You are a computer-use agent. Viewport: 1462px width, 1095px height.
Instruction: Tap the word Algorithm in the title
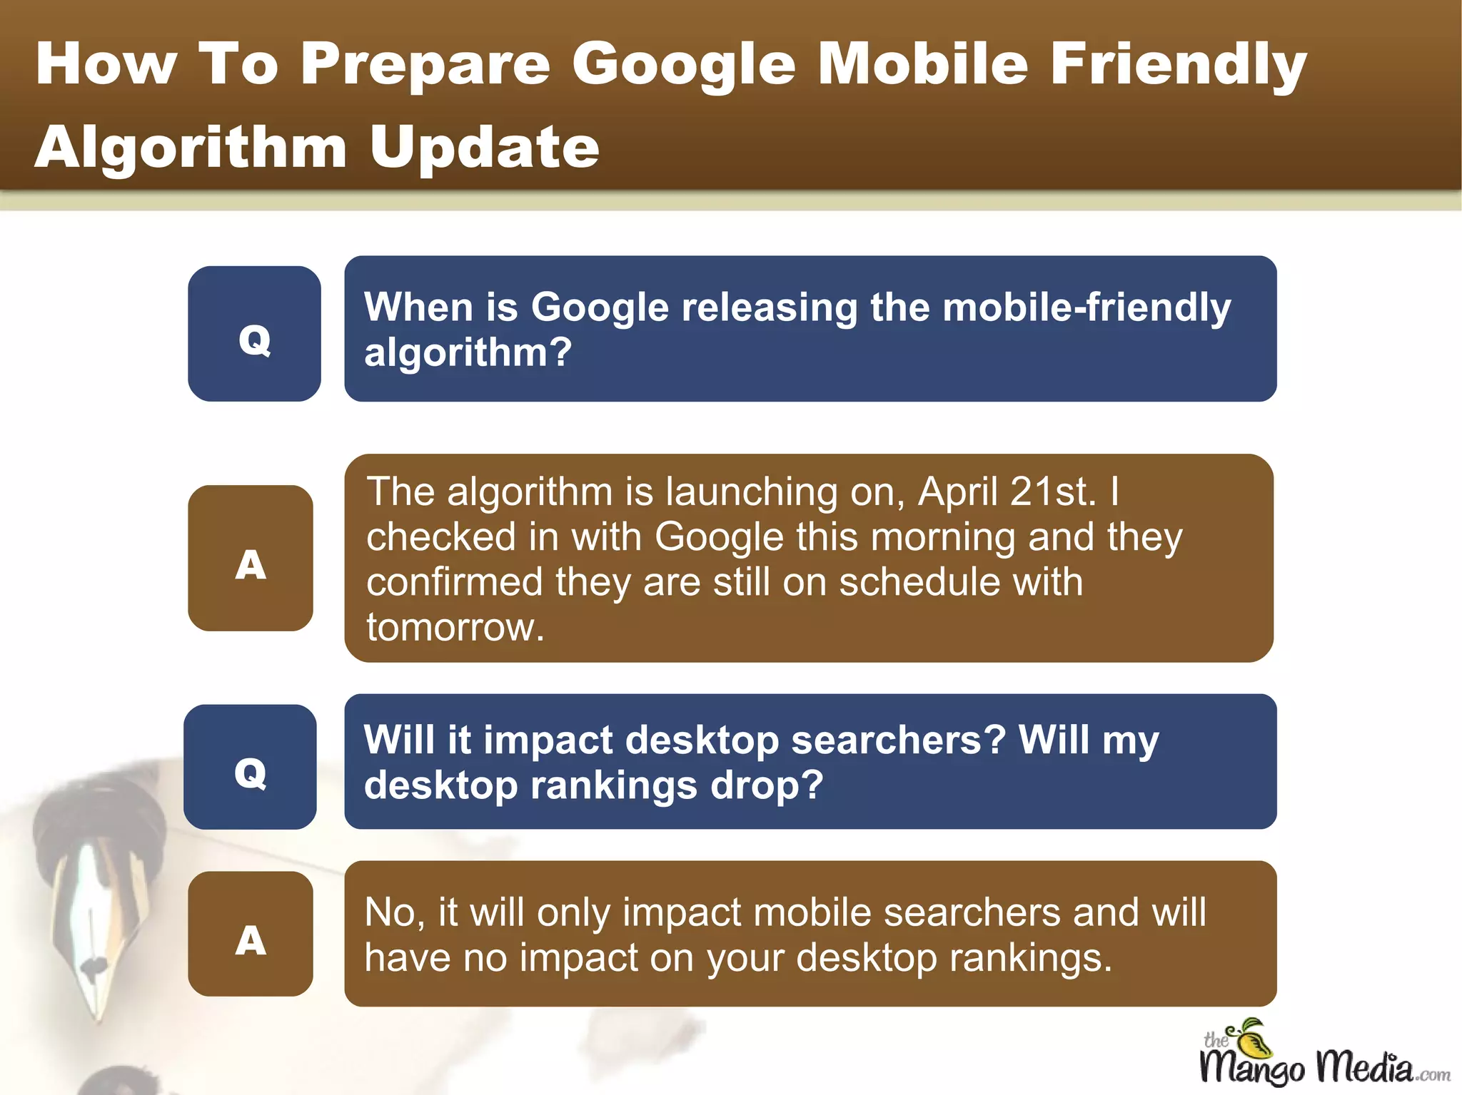point(191,148)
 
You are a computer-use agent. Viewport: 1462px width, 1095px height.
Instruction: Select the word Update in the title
point(485,148)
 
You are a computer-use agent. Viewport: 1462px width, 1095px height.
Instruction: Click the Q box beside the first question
point(254,334)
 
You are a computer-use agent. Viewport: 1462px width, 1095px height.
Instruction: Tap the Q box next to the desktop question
point(250,767)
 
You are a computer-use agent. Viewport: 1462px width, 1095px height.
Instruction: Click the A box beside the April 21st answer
point(250,559)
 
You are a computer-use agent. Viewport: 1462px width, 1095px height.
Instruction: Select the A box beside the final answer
point(250,934)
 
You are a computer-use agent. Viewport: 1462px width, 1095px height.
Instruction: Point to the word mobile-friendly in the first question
point(1087,307)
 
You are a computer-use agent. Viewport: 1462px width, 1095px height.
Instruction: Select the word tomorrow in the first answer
point(455,627)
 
